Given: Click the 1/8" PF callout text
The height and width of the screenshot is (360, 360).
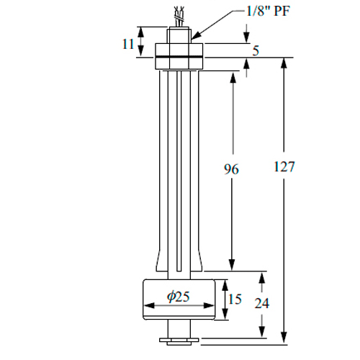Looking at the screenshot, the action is click(268, 11).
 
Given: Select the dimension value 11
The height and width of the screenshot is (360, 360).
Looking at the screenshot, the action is click(128, 44).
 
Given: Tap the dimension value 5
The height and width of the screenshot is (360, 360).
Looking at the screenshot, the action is click(256, 50).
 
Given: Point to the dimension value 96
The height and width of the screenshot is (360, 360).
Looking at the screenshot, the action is click(231, 169).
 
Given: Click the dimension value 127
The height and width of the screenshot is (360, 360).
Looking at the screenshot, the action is click(284, 166).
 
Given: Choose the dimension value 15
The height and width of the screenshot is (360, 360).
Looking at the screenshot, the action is click(235, 299).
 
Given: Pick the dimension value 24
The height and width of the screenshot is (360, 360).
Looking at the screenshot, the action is click(262, 303).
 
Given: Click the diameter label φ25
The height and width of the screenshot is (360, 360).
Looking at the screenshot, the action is click(179, 296).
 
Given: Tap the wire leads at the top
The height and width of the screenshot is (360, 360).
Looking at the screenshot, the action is click(179, 17).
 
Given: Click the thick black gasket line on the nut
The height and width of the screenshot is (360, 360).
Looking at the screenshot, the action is click(179, 57).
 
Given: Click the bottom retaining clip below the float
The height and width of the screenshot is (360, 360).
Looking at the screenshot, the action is click(179, 341).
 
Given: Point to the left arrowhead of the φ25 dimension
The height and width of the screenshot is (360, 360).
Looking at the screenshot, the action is click(149, 305).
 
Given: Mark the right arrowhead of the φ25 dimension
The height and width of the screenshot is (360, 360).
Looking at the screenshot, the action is click(209, 305).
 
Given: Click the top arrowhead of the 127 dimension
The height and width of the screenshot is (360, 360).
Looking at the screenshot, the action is click(284, 63).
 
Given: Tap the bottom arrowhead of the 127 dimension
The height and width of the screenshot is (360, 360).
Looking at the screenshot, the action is click(284, 337).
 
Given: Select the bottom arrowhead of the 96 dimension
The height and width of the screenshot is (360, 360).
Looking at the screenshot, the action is click(232, 265).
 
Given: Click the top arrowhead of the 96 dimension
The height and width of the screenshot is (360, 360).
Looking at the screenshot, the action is click(233, 77).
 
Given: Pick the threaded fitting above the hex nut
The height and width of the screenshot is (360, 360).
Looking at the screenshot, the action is click(179, 35).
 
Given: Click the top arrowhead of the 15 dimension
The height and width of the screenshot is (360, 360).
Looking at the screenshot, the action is click(225, 285).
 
